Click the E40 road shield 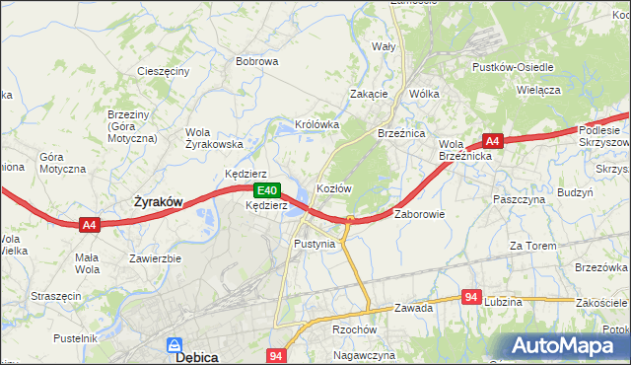click(264, 190)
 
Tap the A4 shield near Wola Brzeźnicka click(493, 141)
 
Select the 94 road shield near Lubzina click(472, 297)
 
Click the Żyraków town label click(158, 201)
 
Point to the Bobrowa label click(257, 61)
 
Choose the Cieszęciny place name click(164, 72)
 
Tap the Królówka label click(317, 125)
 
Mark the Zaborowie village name click(421, 214)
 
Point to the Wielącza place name click(537, 90)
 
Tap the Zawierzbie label click(156, 258)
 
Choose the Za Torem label click(528, 245)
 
